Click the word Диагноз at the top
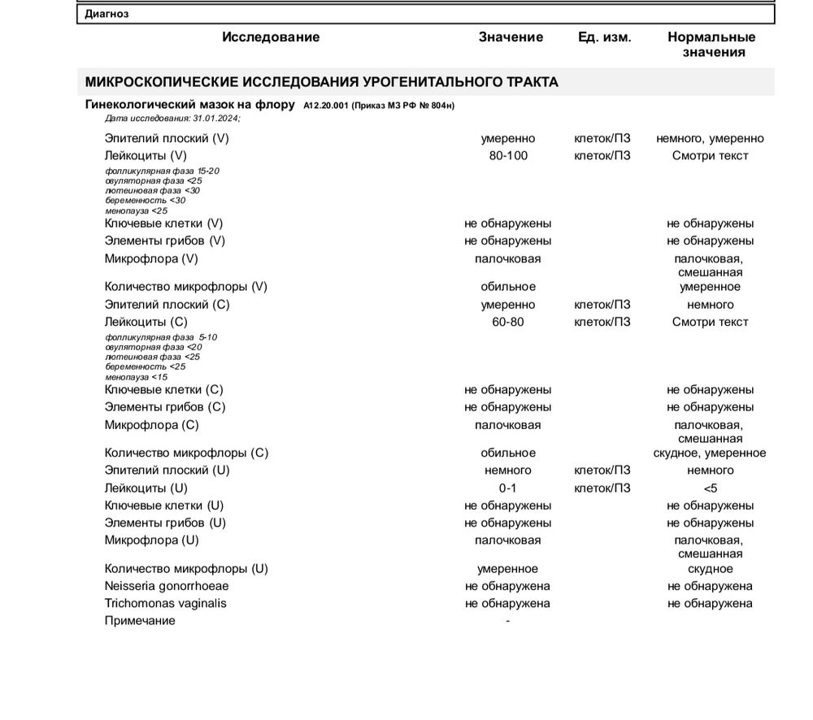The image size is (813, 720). point(107,14)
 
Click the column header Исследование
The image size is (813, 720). point(271,37)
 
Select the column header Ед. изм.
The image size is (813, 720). point(604,37)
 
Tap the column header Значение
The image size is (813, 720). point(511,37)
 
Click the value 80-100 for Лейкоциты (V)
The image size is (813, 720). point(508,155)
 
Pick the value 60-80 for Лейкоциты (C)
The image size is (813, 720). point(508,322)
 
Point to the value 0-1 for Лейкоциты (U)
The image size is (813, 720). point(507,488)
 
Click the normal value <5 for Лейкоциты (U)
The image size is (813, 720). point(710,488)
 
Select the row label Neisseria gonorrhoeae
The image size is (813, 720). point(167,586)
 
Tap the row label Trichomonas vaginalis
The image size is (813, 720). point(166,604)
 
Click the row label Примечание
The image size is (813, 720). point(140,621)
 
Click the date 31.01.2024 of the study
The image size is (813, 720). point(215,119)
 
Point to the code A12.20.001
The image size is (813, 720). point(325,106)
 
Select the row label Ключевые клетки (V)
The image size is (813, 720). point(163,223)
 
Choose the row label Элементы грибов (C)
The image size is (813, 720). point(165,407)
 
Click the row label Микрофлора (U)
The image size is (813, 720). point(152,540)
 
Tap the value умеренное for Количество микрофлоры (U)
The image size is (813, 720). point(507,569)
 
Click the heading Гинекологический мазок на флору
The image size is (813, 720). point(189,105)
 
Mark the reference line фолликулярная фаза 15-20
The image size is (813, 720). point(162,171)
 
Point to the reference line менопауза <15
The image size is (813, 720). point(137,377)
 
